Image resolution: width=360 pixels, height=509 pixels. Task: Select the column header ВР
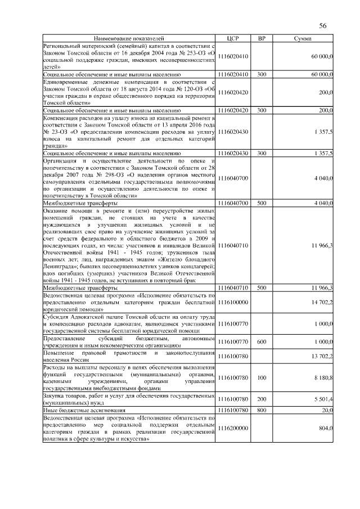click(x=262, y=38)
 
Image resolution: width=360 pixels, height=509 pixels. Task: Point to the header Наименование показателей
click(x=129, y=38)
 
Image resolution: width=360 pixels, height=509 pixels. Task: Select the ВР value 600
click(x=262, y=341)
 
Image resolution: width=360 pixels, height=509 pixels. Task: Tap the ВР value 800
click(x=262, y=411)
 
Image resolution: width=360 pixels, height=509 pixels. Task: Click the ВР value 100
click(x=262, y=379)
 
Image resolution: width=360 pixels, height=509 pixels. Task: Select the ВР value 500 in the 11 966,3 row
click(x=262, y=287)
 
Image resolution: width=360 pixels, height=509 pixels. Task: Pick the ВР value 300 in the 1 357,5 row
click(x=262, y=152)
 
